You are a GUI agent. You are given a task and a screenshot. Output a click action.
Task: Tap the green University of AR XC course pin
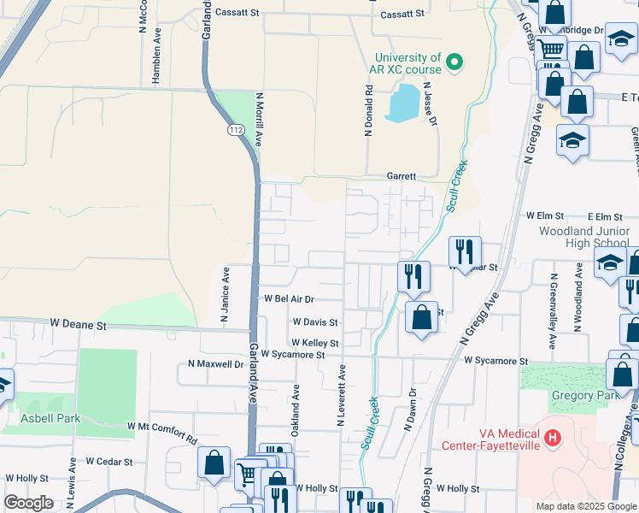(455, 62)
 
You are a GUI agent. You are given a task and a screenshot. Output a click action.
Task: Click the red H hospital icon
(553, 439)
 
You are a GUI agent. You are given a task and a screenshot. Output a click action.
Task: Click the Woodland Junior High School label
(584, 237)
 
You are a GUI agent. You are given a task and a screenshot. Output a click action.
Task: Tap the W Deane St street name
(78, 325)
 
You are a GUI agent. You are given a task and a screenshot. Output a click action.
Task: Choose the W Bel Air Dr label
(290, 299)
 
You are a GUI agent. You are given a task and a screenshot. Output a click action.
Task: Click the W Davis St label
(315, 323)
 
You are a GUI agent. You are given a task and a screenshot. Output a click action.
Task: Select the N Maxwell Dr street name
(216, 364)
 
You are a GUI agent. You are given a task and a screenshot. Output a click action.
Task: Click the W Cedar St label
(108, 462)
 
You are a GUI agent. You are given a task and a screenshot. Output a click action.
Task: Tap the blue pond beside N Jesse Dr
(402, 103)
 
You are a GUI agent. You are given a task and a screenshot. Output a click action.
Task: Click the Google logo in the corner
(28, 503)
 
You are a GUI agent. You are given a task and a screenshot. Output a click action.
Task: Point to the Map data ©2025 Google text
(585, 506)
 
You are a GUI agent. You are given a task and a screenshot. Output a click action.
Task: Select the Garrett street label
(401, 176)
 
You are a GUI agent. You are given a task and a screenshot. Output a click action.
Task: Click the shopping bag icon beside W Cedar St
(214, 464)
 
